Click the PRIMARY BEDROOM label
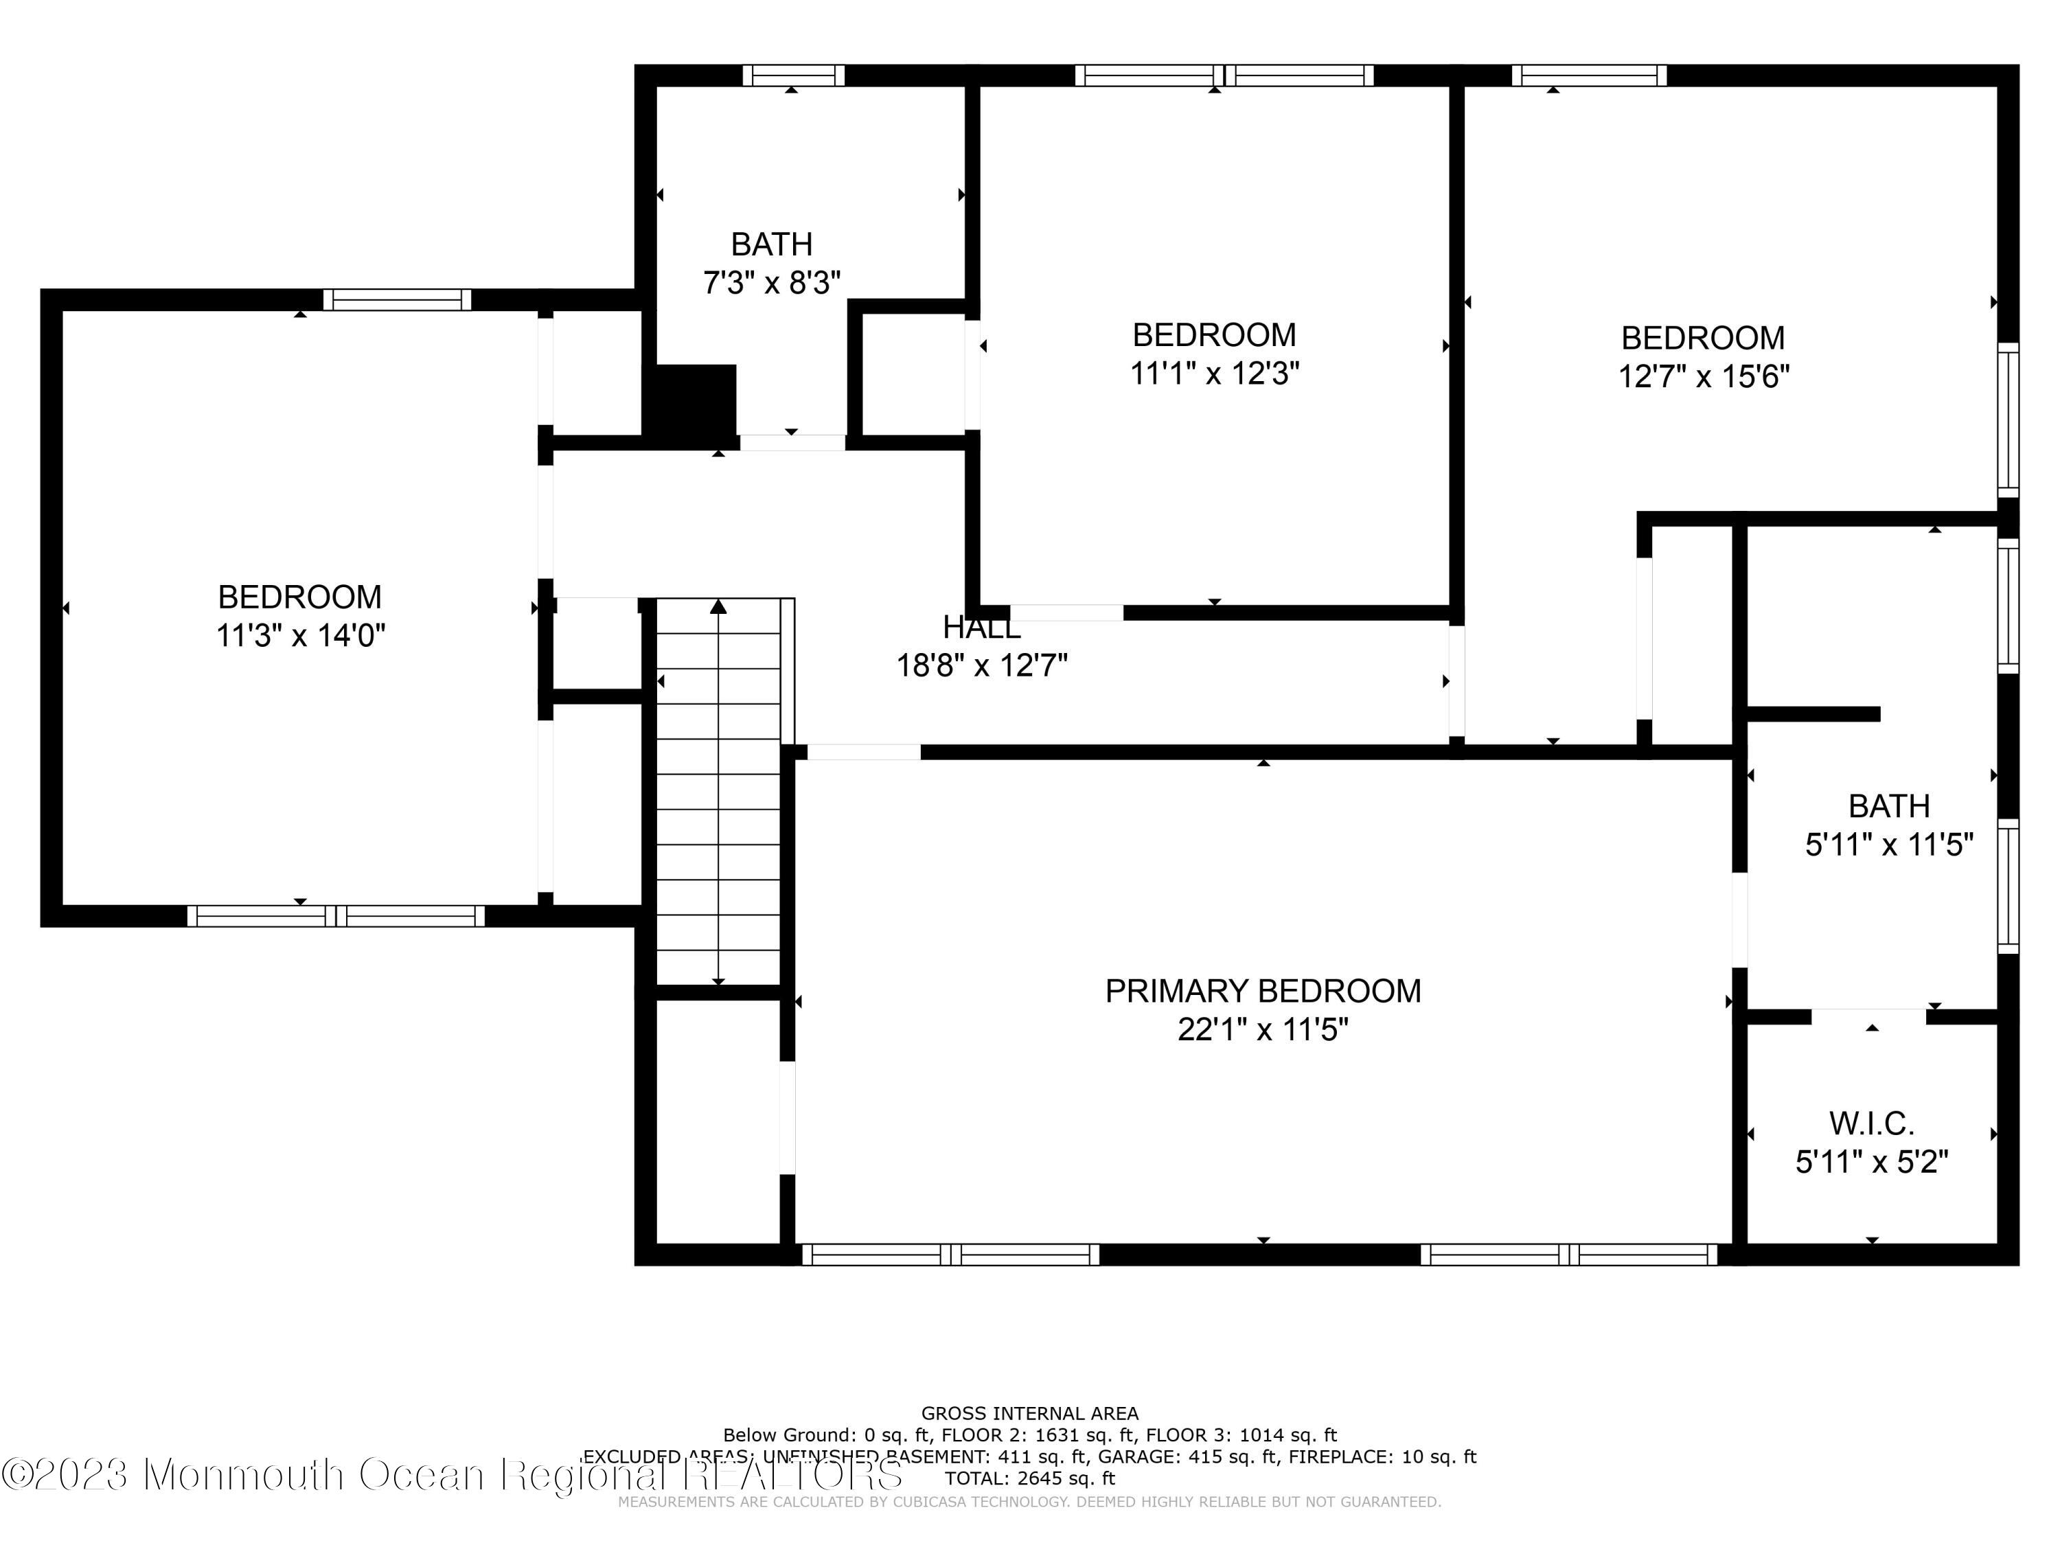(1263, 991)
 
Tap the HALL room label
(981, 628)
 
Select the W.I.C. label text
(1872, 1124)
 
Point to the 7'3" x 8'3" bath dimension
(772, 282)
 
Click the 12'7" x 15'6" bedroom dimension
(1704, 376)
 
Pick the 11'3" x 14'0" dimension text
(300, 636)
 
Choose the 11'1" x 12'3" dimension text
(1215, 374)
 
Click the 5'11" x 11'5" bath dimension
(1890, 845)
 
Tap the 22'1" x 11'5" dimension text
(1263, 1029)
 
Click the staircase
(719, 792)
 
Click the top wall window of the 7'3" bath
(794, 76)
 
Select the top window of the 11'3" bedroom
(397, 300)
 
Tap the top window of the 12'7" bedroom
(1589, 76)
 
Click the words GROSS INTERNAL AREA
(1030, 1414)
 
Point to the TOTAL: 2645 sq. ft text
(1030, 1478)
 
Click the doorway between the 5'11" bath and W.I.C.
(1868, 1016)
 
